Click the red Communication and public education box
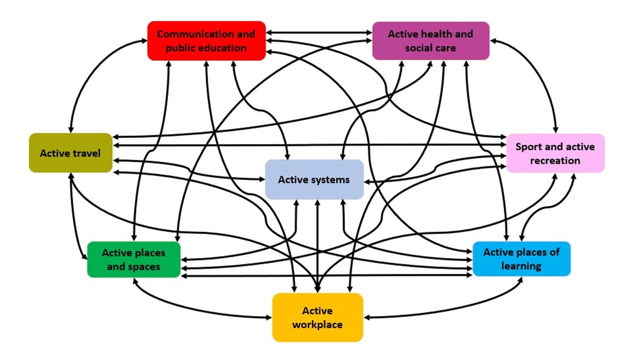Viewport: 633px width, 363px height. pos(206,41)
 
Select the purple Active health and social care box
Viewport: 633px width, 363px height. pos(430,41)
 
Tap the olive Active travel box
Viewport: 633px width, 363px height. pos(70,153)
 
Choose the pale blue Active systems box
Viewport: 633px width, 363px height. pos(314,179)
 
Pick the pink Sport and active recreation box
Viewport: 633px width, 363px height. pos(555,153)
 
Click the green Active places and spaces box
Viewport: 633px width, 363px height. pos(133,260)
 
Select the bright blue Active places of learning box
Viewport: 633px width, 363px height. pos(521,259)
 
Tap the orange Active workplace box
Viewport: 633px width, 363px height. pos(317,318)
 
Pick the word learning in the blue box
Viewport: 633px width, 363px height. pos(521,266)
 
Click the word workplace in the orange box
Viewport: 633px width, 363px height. pos(317,325)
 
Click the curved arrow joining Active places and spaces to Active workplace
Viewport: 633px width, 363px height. pos(198,309)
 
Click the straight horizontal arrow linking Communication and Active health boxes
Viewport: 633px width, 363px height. pos(318,33)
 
